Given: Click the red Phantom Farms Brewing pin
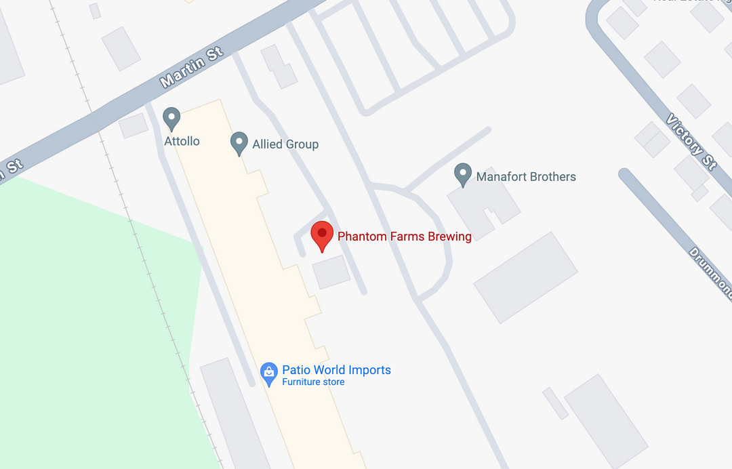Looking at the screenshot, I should (x=322, y=234).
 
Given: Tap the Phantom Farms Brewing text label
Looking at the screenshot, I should (x=404, y=237).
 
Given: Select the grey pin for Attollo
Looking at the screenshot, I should (x=171, y=118).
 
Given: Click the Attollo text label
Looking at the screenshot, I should (x=182, y=142).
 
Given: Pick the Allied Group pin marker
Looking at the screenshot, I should (x=239, y=142).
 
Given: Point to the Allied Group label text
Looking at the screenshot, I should (x=285, y=144).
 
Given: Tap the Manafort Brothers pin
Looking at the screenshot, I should (x=463, y=174).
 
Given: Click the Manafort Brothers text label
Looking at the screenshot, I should (x=526, y=177).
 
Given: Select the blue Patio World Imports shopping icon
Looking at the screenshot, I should (x=269, y=371).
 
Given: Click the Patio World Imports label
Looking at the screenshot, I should (x=336, y=370).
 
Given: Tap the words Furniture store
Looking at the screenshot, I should (x=313, y=382).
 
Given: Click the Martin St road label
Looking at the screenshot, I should (x=191, y=68).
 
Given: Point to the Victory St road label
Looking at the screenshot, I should (x=691, y=141).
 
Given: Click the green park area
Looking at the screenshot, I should (x=88, y=305).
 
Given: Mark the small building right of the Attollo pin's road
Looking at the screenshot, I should (x=134, y=125).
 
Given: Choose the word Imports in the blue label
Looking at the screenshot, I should (x=368, y=370).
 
